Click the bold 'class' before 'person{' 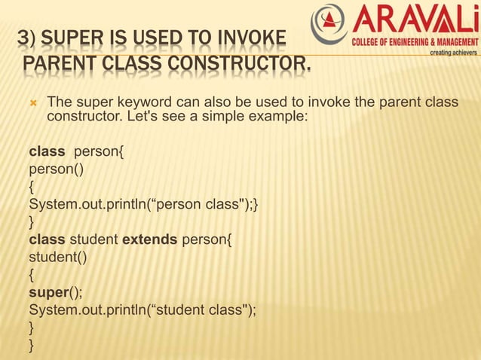click(x=47, y=154)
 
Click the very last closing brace click(x=31, y=345)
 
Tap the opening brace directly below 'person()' click(x=31, y=188)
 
